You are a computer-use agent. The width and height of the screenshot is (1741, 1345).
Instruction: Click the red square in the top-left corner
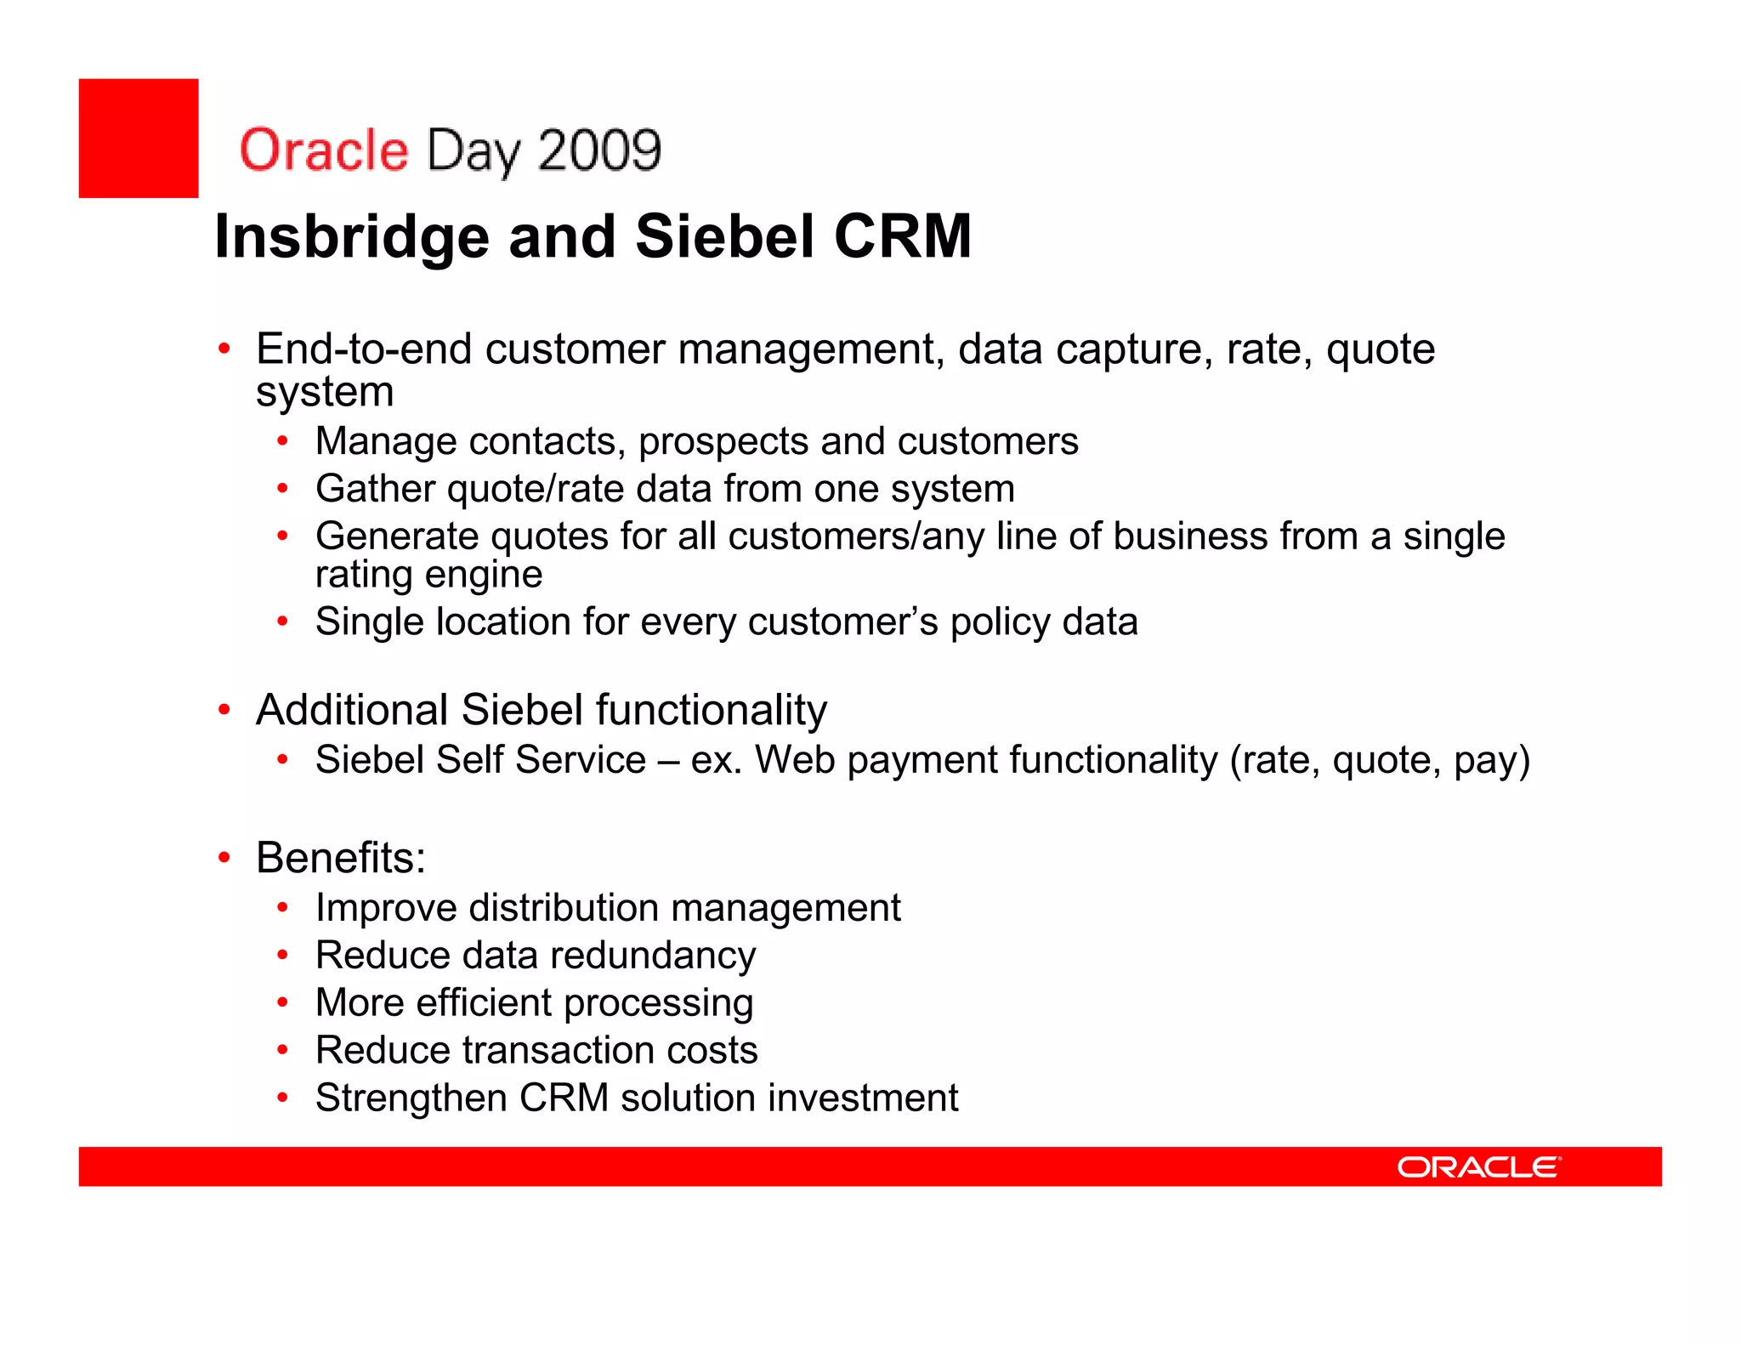(139, 139)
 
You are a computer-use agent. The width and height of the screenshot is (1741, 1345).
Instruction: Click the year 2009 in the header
(599, 150)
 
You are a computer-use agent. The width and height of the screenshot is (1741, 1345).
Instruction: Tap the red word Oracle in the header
(324, 150)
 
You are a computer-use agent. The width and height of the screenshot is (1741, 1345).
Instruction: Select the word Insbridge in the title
(352, 237)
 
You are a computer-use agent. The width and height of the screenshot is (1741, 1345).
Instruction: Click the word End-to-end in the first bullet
(364, 349)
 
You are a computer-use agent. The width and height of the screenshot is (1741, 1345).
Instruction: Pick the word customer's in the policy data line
(842, 622)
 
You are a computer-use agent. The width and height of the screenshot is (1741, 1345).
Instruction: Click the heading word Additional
(352, 710)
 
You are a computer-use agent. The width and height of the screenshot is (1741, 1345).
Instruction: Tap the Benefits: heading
(341, 857)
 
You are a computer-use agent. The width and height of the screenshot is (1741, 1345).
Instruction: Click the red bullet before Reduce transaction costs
(283, 1051)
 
